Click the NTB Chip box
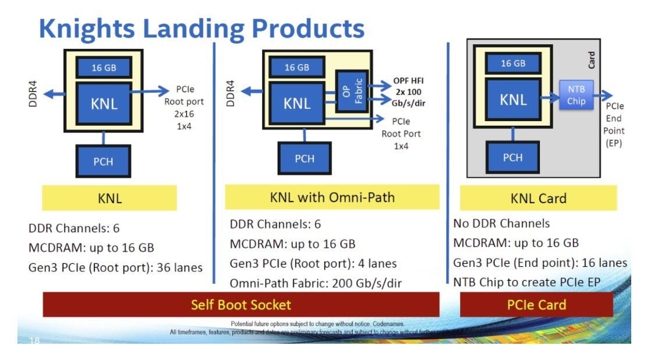576,96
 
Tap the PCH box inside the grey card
512,158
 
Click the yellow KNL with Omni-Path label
332,197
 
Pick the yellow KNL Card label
538,198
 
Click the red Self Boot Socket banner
240,305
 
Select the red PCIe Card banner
536,305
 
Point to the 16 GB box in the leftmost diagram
104,68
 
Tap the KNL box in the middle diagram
297,104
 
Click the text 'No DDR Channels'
501,224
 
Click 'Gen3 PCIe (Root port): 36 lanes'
115,267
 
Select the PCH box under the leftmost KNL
103,161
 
